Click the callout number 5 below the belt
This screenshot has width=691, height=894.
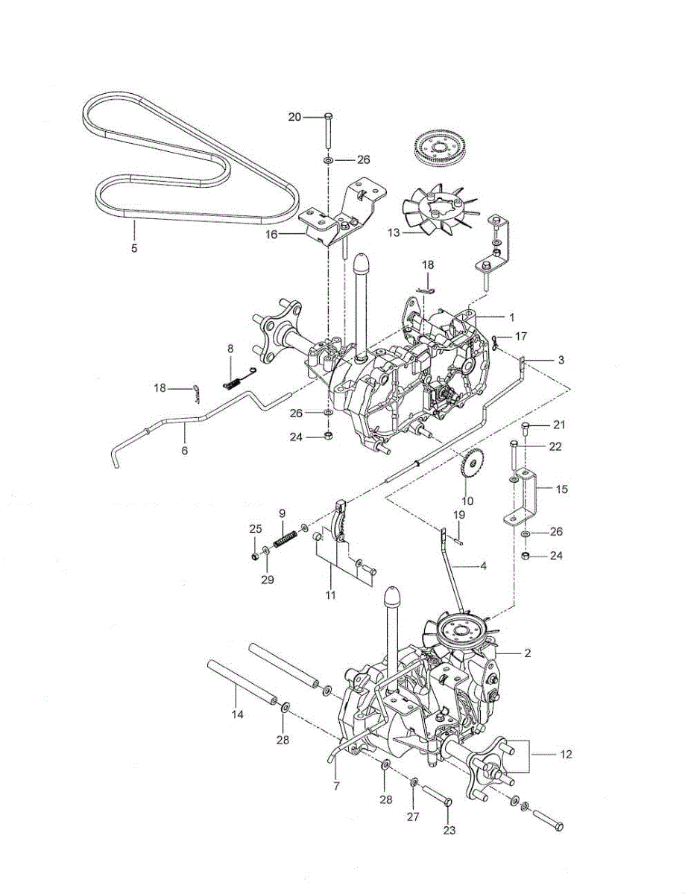[x=134, y=248]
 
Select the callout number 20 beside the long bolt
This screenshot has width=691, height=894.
[x=295, y=117]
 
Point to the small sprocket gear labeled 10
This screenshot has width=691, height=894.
[x=470, y=467]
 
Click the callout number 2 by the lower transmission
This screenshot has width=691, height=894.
[x=527, y=653]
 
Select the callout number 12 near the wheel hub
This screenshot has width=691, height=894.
[x=566, y=755]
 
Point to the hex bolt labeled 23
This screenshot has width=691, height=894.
[x=438, y=802]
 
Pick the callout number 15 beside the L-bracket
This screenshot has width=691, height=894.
[x=561, y=489]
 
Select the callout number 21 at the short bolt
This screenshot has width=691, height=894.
[x=560, y=425]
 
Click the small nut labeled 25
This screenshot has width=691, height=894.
[x=256, y=556]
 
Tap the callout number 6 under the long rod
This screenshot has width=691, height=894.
[x=184, y=451]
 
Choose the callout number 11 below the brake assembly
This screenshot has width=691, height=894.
[x=330, y=595]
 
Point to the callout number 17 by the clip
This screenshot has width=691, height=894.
[x=521, y=336]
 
